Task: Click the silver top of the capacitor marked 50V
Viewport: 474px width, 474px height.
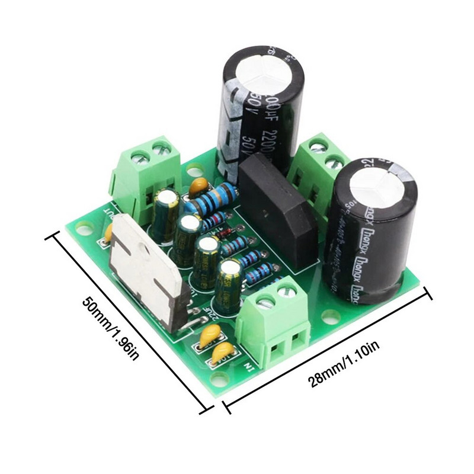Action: tap(264, 75)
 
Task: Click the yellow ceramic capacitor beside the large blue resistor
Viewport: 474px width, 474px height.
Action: tap(200, 186)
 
